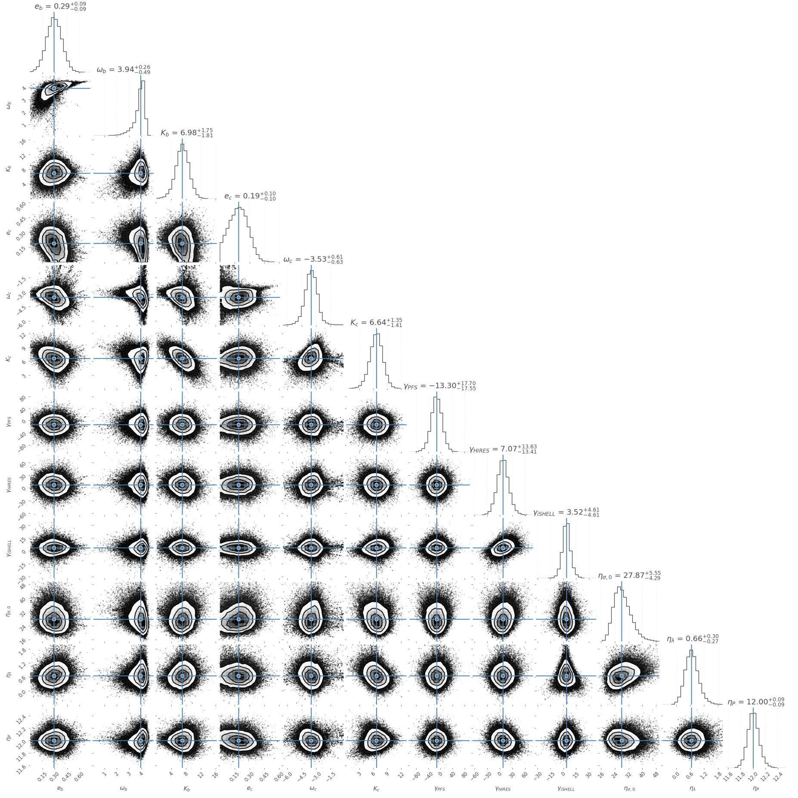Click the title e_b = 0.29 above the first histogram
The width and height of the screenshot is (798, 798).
(60, 7)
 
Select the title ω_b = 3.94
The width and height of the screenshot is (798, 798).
(124, 69)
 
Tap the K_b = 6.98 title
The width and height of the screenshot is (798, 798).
(187, 133)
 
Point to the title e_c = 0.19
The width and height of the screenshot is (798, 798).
(250, 196)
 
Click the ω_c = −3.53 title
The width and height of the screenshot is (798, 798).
(313, 259)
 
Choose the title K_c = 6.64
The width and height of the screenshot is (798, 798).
(376, 322)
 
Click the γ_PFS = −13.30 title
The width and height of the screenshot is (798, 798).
(439, 386)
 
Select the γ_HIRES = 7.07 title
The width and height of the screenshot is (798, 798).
(503, 449)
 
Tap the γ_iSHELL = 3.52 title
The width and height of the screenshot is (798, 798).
(566, 512)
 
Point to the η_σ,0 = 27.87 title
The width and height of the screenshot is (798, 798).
(629, 575)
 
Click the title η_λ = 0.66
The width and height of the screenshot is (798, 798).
(693, 639)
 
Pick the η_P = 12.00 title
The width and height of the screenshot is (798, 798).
(756, 702)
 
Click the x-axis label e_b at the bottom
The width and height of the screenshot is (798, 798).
(60, 789)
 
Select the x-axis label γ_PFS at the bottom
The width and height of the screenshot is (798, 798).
(439, 789)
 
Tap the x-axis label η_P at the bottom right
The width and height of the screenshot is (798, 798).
(756, 789)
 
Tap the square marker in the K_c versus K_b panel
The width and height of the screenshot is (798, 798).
(182, 358)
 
